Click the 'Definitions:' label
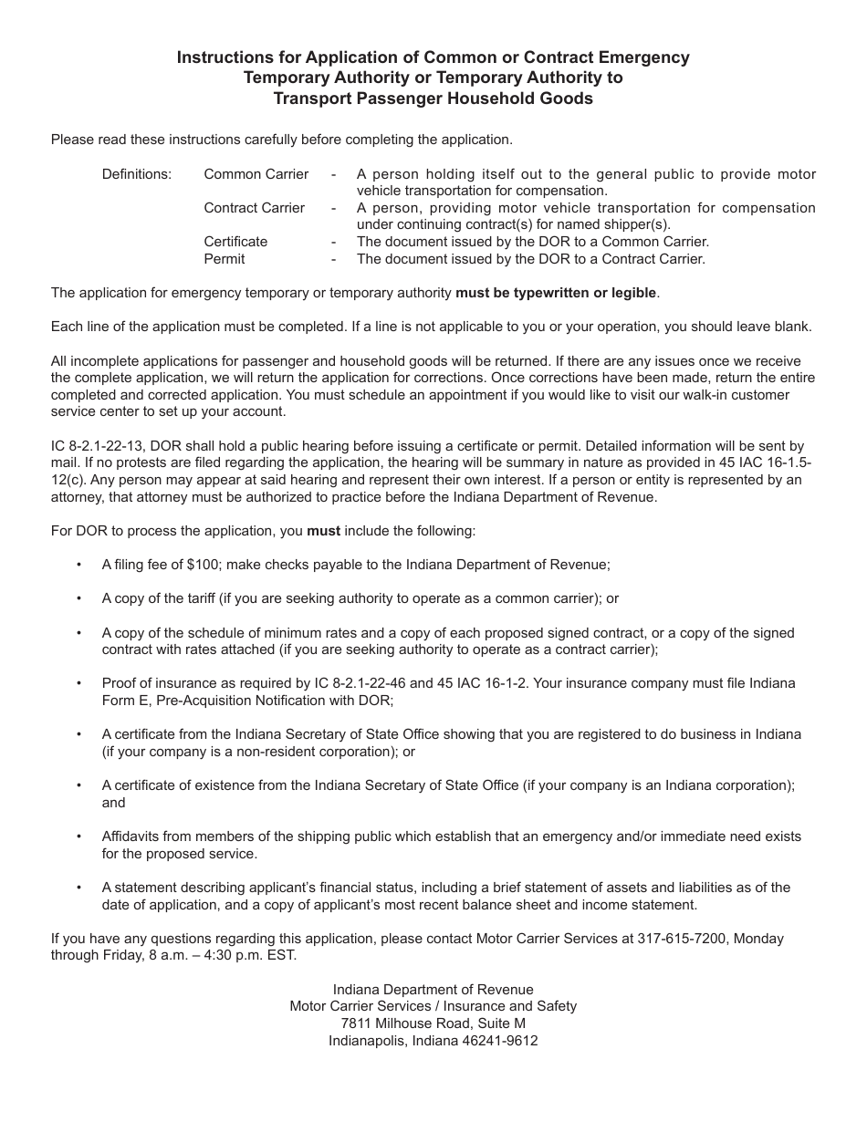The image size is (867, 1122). tap(136, 173)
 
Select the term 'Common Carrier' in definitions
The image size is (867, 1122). tap(256, 173)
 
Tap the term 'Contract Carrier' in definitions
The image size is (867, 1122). tap(255, 207)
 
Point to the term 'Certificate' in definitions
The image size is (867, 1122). tap(235, 242)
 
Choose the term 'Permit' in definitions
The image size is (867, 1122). tap(225, 258)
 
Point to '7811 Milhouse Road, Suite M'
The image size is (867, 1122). tap(433, 1023)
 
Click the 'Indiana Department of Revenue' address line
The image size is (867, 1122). tap(433, 989)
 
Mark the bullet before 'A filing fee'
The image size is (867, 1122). tap(79, 564)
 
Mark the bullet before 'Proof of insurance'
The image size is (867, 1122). tap(79, 683)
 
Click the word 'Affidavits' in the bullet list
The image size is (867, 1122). tap(132, 836)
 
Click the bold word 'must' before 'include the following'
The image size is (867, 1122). tap(323, 530)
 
